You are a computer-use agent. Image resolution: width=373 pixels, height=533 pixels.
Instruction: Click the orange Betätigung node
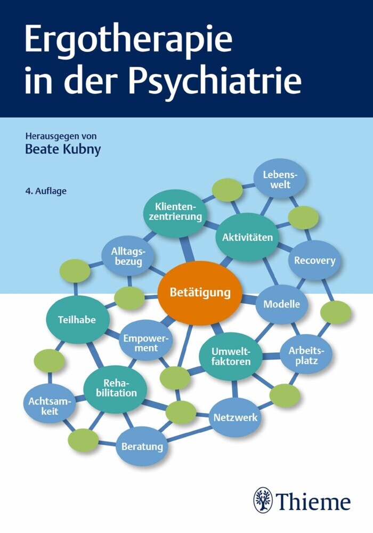200,293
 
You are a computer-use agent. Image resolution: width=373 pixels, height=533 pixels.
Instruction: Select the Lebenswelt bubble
280,180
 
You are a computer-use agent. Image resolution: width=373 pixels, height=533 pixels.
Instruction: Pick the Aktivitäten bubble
247,237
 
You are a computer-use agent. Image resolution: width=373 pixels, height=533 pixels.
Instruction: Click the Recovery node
314,261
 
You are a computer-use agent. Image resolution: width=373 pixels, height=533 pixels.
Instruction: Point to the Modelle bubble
282,304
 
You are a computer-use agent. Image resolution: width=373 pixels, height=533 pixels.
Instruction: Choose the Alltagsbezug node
128,256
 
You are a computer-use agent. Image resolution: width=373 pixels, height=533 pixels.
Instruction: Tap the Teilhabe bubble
78,319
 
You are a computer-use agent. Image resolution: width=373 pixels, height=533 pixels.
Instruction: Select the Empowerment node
145,343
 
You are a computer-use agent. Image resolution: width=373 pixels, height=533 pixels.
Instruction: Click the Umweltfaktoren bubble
231,356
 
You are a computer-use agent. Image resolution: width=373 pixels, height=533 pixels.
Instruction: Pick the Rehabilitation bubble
116,389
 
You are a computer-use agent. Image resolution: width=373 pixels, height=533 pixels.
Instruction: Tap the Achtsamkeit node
50,406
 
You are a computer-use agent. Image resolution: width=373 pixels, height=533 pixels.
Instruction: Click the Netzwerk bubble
235,417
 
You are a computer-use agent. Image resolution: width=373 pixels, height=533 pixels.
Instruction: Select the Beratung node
142,446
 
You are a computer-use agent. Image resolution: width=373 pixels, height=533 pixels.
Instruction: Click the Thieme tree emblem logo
263,500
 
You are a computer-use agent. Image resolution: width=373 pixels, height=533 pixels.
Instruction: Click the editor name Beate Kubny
63,150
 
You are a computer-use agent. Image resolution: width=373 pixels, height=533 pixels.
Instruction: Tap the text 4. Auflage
46,191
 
